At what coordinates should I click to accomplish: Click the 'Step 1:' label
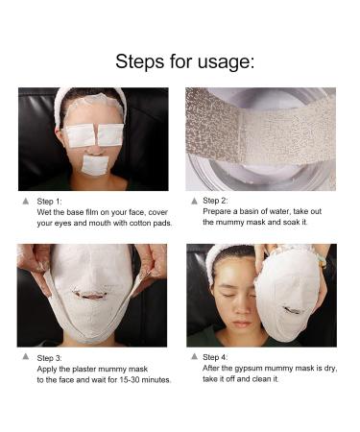[x=49, y=202]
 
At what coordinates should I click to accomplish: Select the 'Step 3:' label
[x=49, y=358]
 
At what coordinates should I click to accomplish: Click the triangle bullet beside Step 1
[x=25, y=202]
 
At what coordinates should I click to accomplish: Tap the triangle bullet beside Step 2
[x=194, y=201]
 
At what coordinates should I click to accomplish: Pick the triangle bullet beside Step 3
[x=25, y=358]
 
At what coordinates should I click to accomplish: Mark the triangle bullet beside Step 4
[x=194, y=358]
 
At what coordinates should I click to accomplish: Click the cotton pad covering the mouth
[x=94, y=164]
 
